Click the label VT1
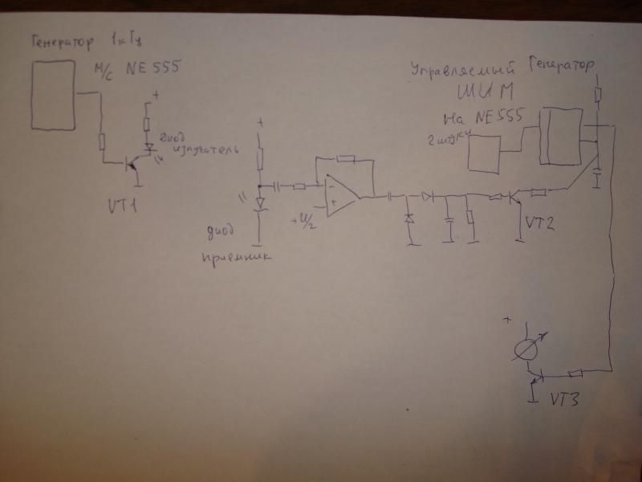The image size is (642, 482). (124, 206)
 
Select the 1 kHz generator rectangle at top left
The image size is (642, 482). (54, 93)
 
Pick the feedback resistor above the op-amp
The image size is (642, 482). (346, 157)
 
